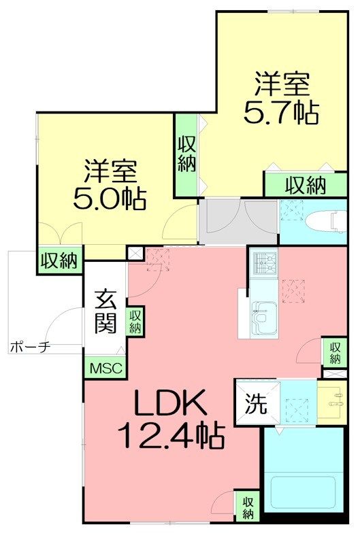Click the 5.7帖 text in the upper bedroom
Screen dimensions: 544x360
281,112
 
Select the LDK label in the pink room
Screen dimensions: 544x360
169,406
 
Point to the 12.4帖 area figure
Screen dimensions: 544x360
171,435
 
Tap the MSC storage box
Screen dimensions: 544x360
105,369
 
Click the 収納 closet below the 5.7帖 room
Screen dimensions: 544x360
304,184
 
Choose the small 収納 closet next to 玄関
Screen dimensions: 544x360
135,321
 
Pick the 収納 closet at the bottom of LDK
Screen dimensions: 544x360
248,507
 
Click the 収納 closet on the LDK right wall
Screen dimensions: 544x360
334,352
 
